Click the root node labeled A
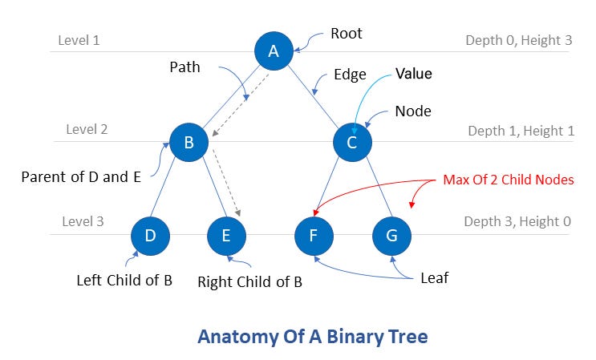(x=274, y=51)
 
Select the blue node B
(x=189, y=144)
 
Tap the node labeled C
(x=353, y=144)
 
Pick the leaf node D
(x=151, y=236)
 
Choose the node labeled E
(x=226, y=236)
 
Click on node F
(x=314, y=236)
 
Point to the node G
(x=391, y=236)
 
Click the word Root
(x=347, y=34)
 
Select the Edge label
(x=350, y=75)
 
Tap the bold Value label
(x=413, y=75)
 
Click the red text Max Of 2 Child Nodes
(x=509, y=180)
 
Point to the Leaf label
(x=436, y=277)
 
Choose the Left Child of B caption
(x=124, y=281)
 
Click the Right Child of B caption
(x=249, y=282)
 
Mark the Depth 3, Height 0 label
(x=517, y=221)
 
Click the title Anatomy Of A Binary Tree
(x=313, y=336)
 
